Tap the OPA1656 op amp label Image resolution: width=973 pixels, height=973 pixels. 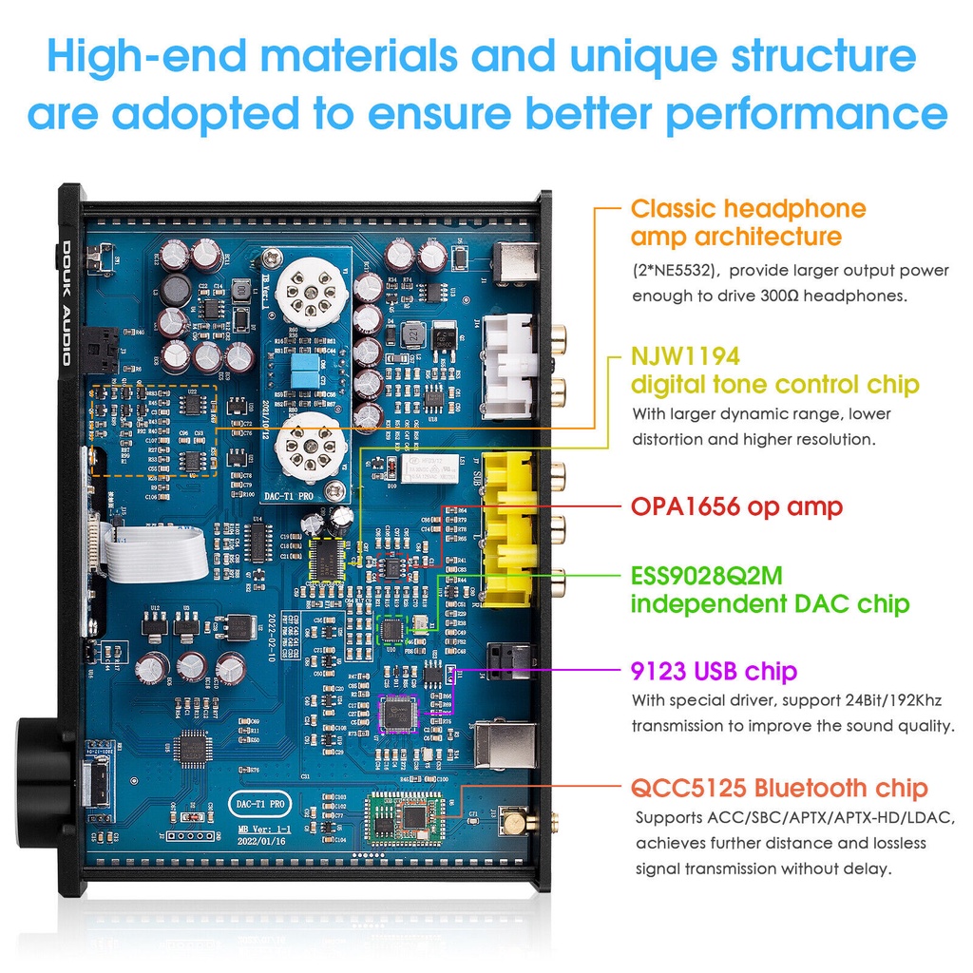(x=736, y=506)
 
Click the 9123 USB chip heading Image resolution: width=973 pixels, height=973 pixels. (x=714, y=672)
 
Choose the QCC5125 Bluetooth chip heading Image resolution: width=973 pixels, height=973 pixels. (x=779, y=788)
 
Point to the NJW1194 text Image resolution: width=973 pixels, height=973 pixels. (x=685, y=356)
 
